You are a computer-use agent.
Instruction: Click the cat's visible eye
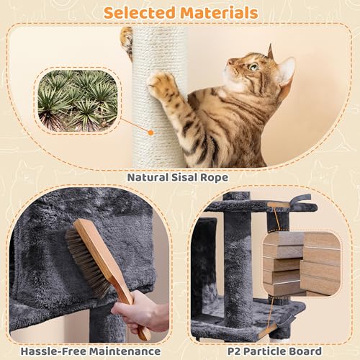(x=253, y=68)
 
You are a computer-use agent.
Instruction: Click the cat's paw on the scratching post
(x=163, y=85)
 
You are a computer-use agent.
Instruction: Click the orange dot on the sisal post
(x=150, y=132)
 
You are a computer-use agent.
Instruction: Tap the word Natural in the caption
(x=150, y=176)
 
